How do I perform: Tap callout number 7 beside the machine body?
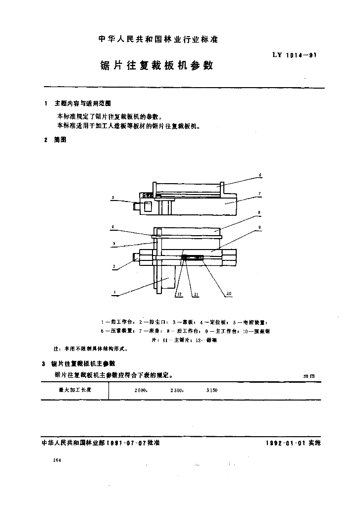259,193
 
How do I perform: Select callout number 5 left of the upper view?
113,198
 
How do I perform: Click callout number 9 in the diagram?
259,228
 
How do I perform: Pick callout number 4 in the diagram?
113,227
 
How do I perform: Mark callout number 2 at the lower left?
113,266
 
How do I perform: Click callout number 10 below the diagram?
228,294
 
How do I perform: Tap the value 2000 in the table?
141,391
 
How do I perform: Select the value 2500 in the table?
177,391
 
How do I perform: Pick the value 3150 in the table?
212,391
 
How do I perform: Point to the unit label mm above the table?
309,376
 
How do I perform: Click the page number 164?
56,460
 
